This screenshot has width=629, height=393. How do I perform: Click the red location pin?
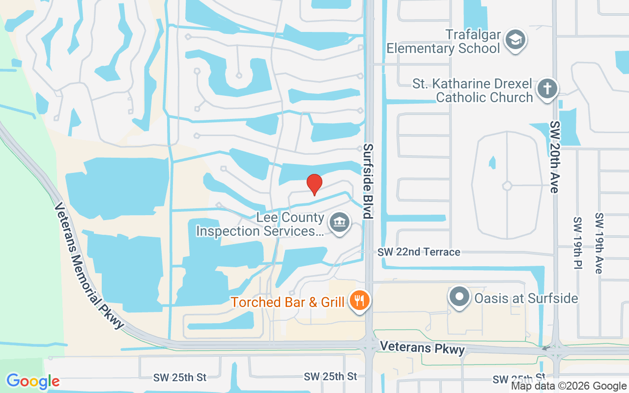click(x=314, y=184)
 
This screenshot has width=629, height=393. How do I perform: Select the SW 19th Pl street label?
click(x=578, y=243)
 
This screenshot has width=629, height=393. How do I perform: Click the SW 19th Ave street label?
click(x=599, y=243)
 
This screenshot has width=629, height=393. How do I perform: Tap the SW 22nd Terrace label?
click(x=419, y=252)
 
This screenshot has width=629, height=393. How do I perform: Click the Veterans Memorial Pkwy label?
click(x=88, y=266)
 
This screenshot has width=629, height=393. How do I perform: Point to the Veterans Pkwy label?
click(x=422, y=348)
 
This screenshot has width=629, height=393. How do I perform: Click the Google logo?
click(x=33, y=381)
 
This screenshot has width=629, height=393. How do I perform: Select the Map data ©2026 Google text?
click(x=569, y=386)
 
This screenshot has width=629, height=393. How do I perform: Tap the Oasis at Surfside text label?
click(x=526, y=298)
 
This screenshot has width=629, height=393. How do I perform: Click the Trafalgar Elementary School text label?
click(x=443, y=42)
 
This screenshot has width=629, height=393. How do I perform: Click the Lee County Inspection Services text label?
click(x=260, y=224)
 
